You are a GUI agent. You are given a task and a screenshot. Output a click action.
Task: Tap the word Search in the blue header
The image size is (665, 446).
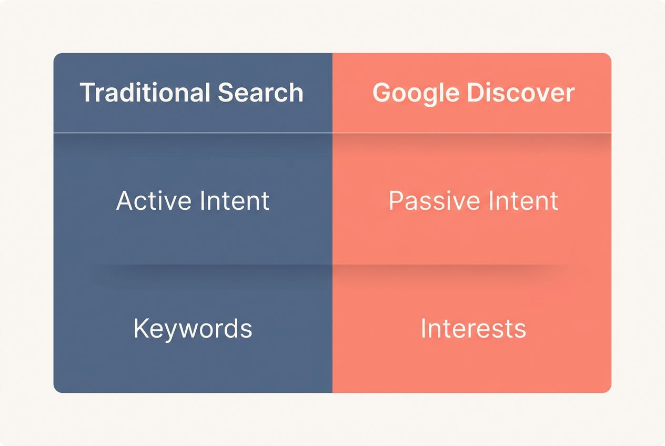(x=260, y=93)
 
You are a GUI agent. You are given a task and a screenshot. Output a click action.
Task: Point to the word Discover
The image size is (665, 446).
(x=520, y=93)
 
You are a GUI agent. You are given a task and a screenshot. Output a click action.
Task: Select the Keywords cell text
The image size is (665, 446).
(x=193, y=329)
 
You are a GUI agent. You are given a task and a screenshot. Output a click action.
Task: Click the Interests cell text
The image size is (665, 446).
(x=473, y=329)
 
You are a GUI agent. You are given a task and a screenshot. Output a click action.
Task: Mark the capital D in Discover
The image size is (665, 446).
(x=476, y=93)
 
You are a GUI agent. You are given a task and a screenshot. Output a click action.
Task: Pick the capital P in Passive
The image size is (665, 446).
(x=396, y=201)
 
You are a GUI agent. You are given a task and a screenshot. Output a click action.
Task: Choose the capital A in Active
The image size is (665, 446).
(x=125, y=201)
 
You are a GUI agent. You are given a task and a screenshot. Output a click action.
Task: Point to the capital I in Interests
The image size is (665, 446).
(x=423, y=329)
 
